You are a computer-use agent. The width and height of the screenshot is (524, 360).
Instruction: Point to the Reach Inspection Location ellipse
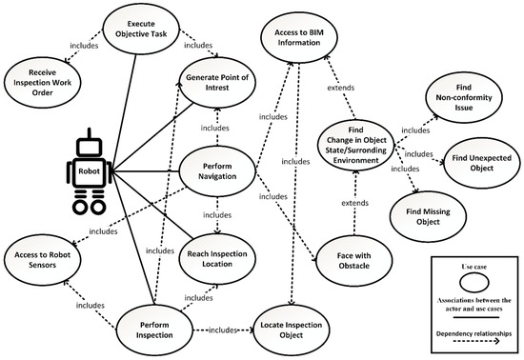tap(219, 256)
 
